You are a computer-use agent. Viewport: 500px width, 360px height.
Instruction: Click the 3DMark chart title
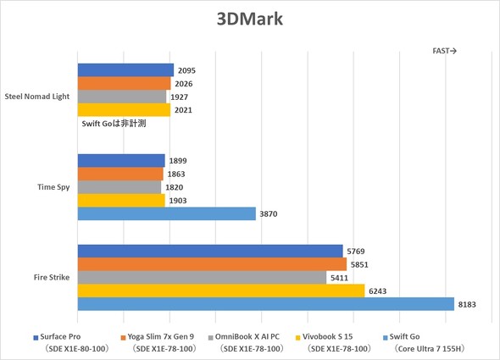(x=250, y=19)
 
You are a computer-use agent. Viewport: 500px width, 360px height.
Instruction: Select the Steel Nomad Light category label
(x=38, y=96)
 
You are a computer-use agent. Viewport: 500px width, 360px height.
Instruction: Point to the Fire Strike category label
(x=53, y=277)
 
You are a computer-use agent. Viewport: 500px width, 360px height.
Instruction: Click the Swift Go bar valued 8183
(x=265, y=303)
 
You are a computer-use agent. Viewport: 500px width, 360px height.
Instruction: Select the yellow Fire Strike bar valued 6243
(x=220, y=291)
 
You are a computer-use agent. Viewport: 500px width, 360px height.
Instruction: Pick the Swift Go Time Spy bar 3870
(x=166, y=213)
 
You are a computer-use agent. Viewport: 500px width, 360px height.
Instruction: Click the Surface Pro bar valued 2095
(x=125, y=70)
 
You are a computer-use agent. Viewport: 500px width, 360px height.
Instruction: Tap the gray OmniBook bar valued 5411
(x=202, y=277)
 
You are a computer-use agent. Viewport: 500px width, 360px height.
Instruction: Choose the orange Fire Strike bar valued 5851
(x=212, y=264)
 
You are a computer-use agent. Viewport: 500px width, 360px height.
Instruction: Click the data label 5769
(x=358, y=251)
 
